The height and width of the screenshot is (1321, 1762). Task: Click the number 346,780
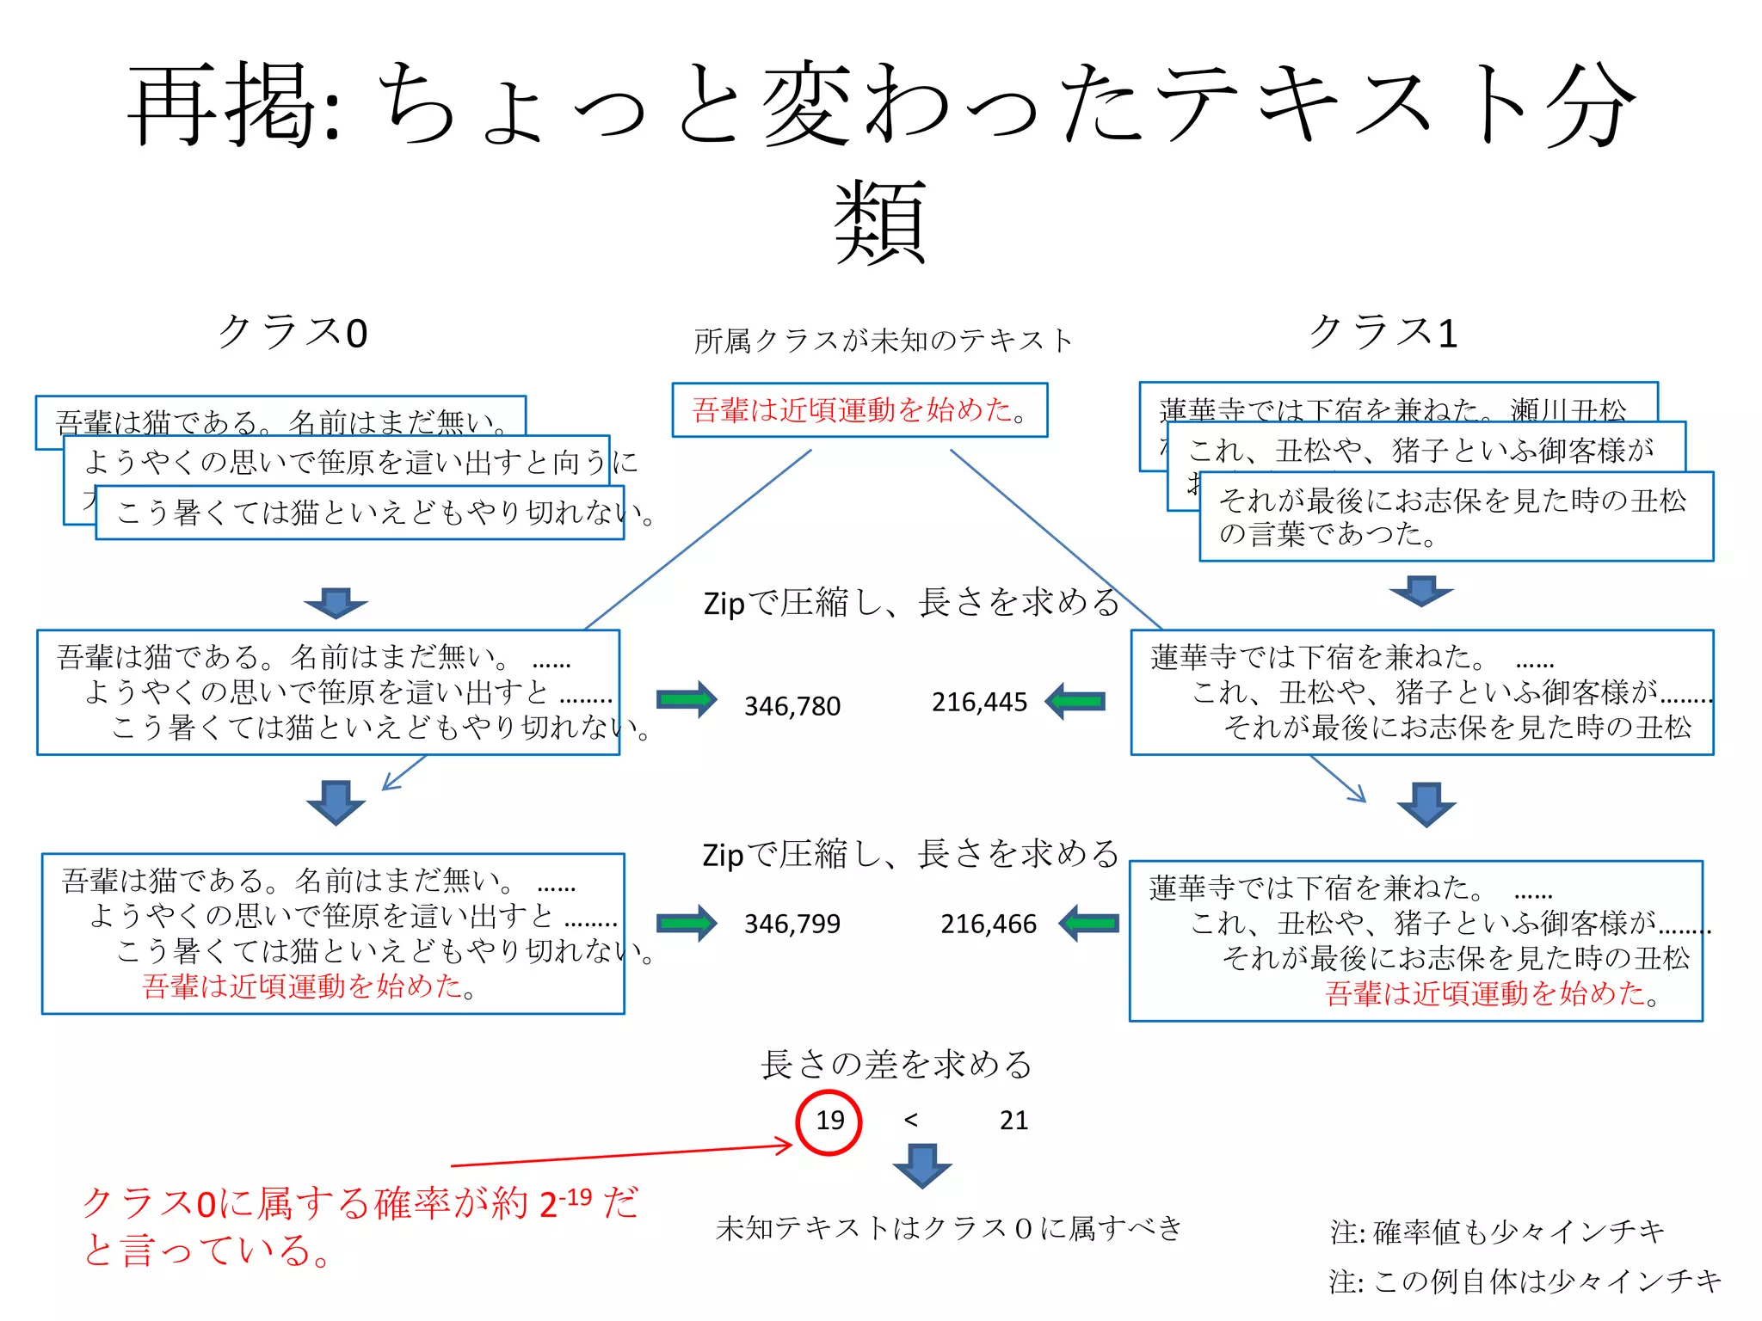[x=792, y=706]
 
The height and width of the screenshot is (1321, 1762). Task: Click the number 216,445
[x=979, y=703]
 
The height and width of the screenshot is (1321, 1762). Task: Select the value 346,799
[x=792, y=924]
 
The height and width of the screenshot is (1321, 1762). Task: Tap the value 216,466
[x=989, y=924]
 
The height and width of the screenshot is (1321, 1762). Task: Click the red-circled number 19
[x=829, y=1121]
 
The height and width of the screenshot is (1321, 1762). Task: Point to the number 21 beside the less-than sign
[x=1013, y=1120]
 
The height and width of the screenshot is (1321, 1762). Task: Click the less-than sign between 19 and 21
[x=911, y=1120]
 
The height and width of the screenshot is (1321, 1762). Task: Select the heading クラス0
[x=293, y=333]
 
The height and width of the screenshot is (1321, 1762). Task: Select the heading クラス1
[x=1383, y=332]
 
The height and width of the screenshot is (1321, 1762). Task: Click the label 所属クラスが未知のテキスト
[x=884, y=341]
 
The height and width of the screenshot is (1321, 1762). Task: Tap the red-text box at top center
[x=859, y=410]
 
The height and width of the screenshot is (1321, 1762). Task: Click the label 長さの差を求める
[x=896, y=1065]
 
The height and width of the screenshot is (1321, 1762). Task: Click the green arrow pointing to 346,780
[x=687, y=700]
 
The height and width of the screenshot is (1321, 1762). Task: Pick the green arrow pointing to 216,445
[x=1075, y=701]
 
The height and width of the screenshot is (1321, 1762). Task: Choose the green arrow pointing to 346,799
[x=687, y=924]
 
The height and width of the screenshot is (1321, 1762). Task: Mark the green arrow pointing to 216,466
[x=1088, y=924]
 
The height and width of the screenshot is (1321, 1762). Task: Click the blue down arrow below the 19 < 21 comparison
[x=922, y=1165]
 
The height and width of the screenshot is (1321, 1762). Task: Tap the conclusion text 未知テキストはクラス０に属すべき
[x=949, y=1228]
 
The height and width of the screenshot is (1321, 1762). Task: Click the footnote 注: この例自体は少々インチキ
[x=1525, y=1281]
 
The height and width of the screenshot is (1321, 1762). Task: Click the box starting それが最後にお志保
[x=1456, y=517]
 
